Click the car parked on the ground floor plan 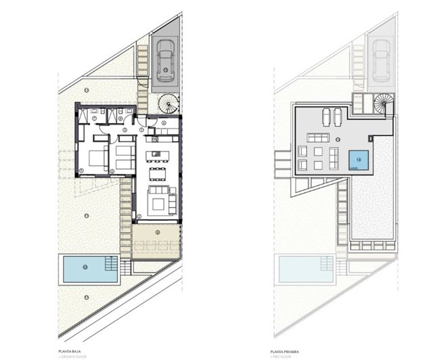165,60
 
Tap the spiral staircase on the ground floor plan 167,104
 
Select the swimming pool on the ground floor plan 87,268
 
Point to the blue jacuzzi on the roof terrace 359,160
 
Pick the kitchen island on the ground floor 158,154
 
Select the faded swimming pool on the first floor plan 306,269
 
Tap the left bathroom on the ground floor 96,114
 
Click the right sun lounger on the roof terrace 336,116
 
